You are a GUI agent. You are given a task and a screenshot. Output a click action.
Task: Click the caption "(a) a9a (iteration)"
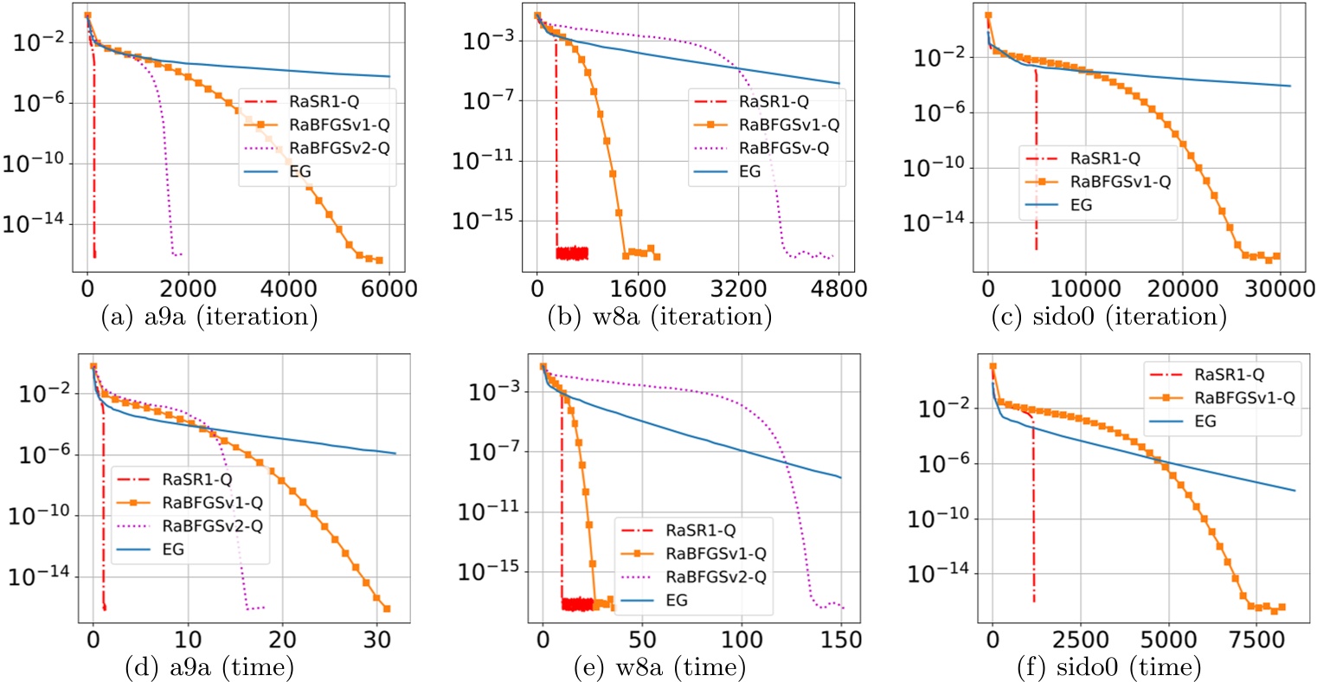(x=209, y=317)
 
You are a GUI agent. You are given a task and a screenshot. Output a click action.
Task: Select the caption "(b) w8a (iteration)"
(x=659, y=317)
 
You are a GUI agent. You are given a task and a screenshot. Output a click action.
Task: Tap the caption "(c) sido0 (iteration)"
(x=1109, y=317)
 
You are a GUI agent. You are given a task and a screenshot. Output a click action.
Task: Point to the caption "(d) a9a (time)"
(x=208, y=667)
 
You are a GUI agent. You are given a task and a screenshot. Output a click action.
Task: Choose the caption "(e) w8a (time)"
(x=659, y=667)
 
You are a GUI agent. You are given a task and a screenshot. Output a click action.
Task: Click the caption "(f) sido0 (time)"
(x=1110, y=667)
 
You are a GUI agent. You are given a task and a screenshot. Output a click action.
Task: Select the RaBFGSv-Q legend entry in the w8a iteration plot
(x=783, y=148)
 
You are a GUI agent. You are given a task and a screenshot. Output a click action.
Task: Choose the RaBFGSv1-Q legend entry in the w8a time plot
(x=716, y=554)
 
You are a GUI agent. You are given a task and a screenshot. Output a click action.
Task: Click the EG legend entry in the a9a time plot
(x=173, y=549)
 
